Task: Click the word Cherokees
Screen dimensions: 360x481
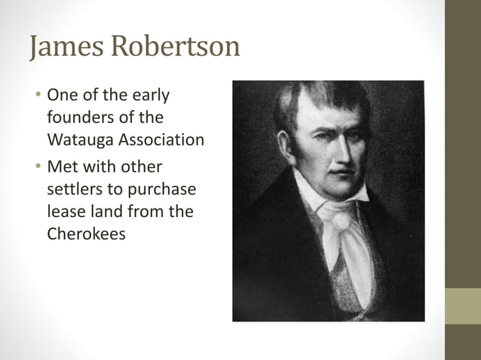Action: pyautogui.click(x=86, y=233)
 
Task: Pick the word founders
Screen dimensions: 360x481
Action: pyautogui.click(x=79, y=118)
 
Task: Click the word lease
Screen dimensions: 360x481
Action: pyautogui.click(x=65, y=212)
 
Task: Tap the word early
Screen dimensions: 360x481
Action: pyautogui.click(x=151, y=96)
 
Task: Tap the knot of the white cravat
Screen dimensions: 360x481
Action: pyautogui.click(x=342, y=221)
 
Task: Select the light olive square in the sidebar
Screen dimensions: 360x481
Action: pyautogui.click(x=462, y=306)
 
